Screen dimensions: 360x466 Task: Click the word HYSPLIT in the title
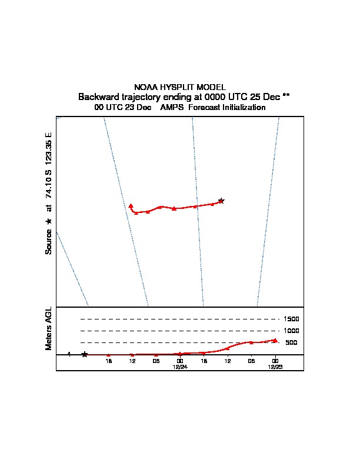pos(177,87)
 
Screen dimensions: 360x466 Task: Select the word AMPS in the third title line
pos(172,107)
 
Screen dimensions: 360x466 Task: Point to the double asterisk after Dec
pos(286,96)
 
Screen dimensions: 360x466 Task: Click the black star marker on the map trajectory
pos(221,201)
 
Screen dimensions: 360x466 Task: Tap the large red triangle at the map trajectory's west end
pos(131,206)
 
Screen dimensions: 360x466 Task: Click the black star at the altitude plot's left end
pos(84,354)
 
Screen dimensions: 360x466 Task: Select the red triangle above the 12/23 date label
pos(275,340)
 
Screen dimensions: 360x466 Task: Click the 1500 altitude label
pos(291,319)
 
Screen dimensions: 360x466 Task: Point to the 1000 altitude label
pos(291,331)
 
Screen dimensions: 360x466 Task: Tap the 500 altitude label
pos(291,342)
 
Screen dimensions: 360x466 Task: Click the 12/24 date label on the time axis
pos(180,367)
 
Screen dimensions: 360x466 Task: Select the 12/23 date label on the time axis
pos(275,367)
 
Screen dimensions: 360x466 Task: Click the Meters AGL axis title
pos(48,328)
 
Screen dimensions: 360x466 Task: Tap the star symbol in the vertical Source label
pos(48,221)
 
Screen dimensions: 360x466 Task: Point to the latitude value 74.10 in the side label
pos(48,188)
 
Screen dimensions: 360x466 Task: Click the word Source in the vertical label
pos(48,242)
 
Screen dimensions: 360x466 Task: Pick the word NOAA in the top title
pos(146,87)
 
